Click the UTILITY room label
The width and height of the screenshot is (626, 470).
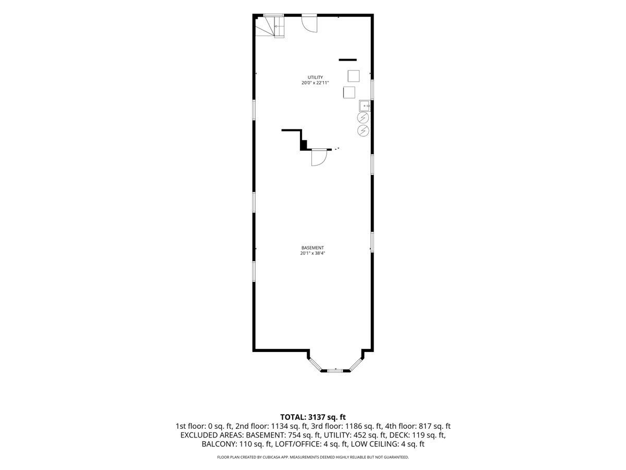(315, 77)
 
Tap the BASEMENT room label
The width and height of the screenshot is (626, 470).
(312, 248)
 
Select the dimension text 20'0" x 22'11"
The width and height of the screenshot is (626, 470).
(315, 83)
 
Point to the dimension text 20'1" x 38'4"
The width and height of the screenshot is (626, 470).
(312, 253)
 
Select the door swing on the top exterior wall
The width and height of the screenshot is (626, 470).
(309, 25)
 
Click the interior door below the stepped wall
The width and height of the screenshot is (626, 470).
(319, 158)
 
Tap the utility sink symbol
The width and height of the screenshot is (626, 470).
(365, 105)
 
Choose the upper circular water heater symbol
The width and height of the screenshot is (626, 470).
(363, 118)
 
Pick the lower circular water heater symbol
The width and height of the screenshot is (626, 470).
(363, 131)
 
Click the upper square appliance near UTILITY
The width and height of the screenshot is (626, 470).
(353, 76)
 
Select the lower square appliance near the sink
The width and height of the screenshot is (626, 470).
(349, 92)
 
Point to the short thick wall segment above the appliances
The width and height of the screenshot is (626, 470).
(347, 60)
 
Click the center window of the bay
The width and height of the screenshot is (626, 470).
(334, 371)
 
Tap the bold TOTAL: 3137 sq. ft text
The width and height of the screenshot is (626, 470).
(313, 417)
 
